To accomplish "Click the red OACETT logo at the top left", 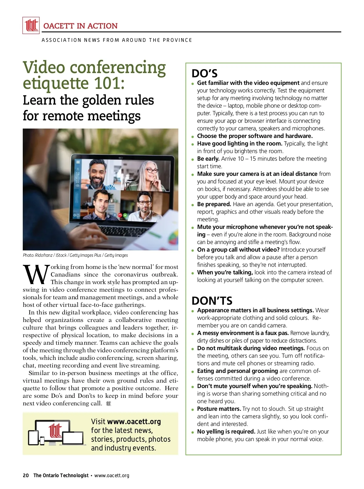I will tap(31, 25).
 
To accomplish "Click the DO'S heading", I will tap(204, 74).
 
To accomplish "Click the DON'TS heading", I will tap(212, 301).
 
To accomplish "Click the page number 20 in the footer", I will tap(26, 475).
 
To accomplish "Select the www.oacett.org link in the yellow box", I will tap(134, 421).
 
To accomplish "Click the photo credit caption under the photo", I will tap(75, 255).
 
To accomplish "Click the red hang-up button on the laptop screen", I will tap(120, 215).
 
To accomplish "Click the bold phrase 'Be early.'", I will tap(208, 159).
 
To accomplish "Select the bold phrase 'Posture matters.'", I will tap(219, 409).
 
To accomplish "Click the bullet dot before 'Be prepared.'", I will tap(193, 205).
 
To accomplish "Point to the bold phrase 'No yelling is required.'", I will tap(226, 431).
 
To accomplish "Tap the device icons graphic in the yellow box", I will tap(56, 433).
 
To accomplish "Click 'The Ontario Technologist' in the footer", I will tap(61, 475).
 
